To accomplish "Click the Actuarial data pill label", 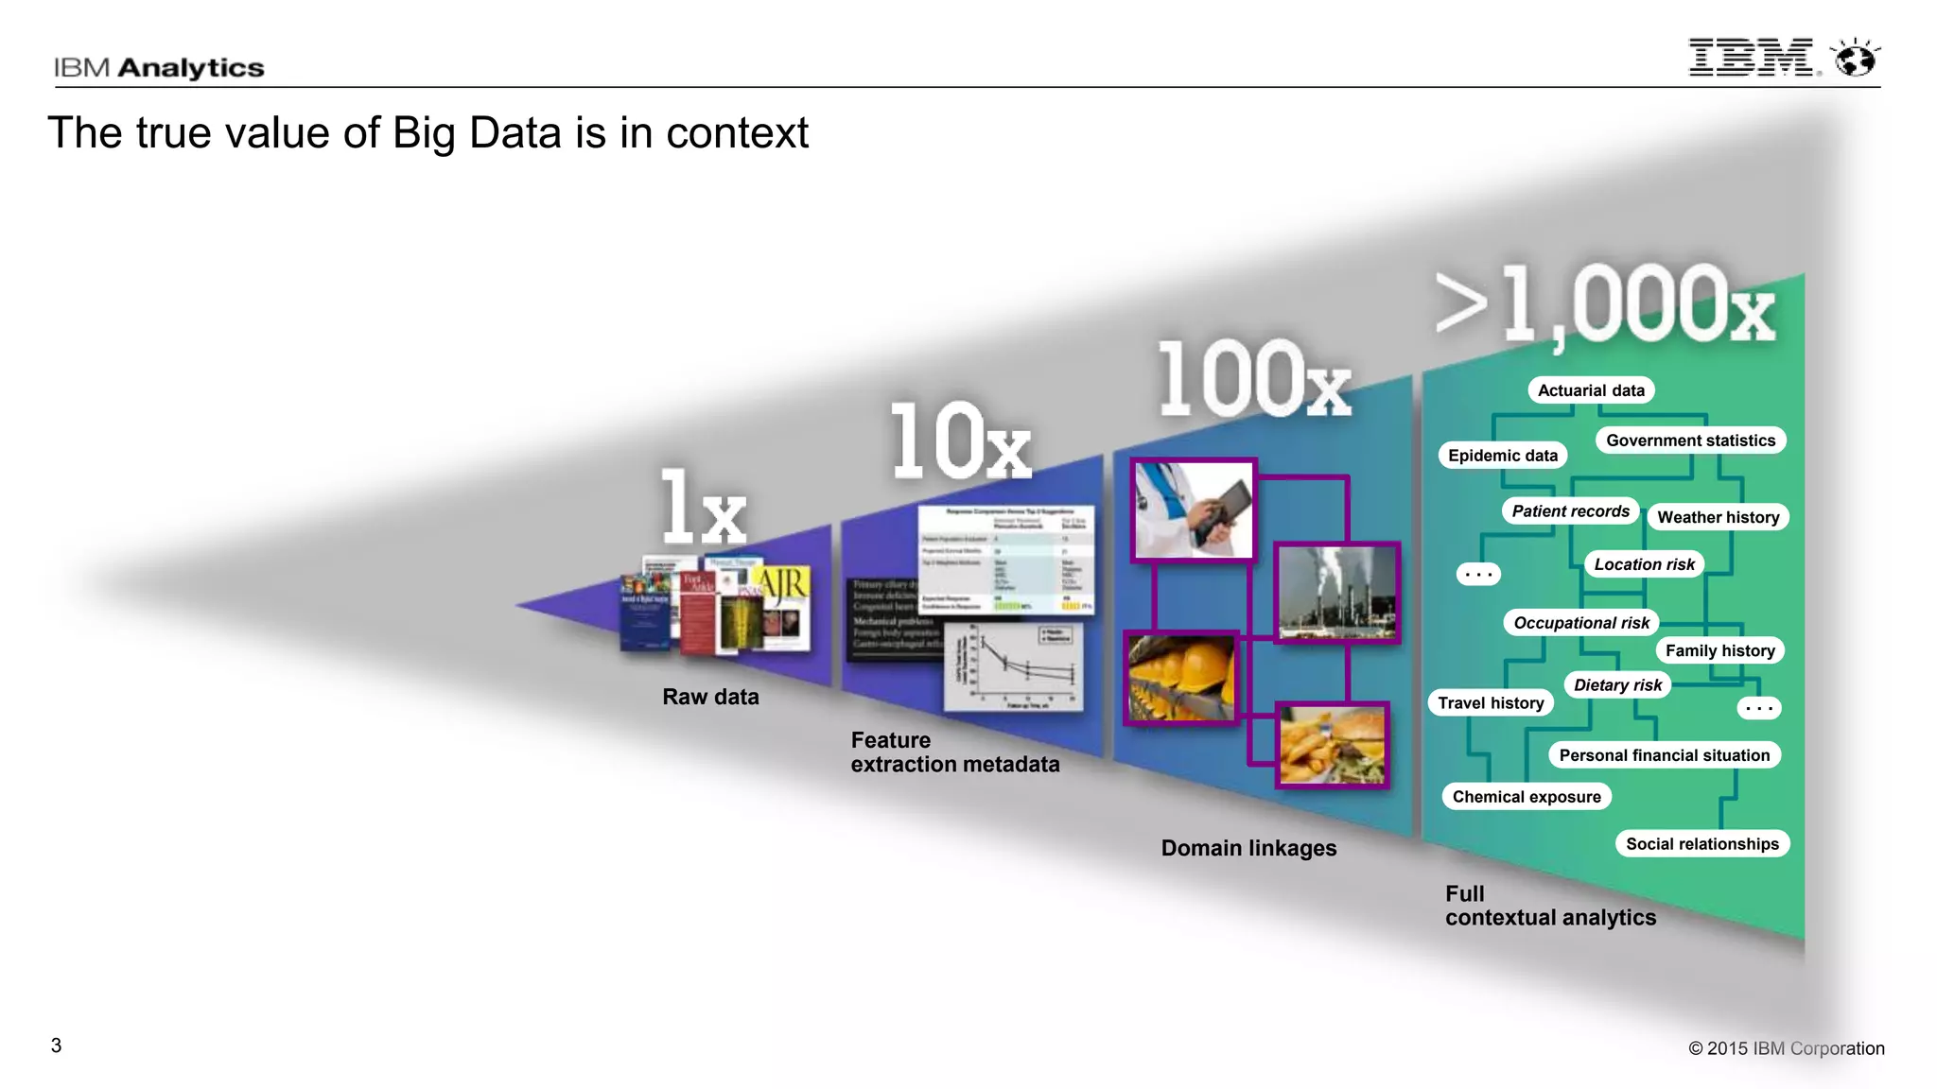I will coord(1591,390).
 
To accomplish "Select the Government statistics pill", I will coord(1690,441).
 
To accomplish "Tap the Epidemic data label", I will coord(1502,456).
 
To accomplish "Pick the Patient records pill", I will coord(1570,511).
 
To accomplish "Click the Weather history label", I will coord(1718,517).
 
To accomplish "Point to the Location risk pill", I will coord(1644,564).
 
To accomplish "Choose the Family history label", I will coord(1719,650).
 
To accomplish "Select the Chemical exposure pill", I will coord(1526,797).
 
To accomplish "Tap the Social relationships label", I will coord(1701,844).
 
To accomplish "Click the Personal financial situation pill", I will coord(1664,755).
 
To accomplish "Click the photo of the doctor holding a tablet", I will coord(1194,510).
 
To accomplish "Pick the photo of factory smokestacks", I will coord(1336,593).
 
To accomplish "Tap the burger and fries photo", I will coord(1332,745).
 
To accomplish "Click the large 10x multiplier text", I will coord(959,441).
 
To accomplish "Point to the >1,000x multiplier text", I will coord(1604,304).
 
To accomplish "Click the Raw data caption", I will coord(710,697).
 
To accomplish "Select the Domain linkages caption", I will coord(1248,848).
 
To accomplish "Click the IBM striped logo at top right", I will coord(1752,58).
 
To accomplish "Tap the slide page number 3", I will coord(56,1046).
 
